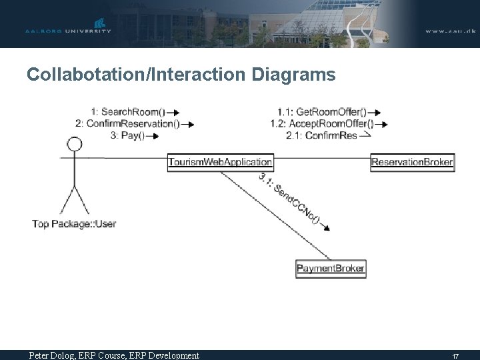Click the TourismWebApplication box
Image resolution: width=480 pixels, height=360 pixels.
click(x=220, y=161)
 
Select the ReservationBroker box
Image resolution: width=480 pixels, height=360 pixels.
click(x=412, y=161)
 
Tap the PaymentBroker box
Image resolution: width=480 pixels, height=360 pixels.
click(x=331, y=269)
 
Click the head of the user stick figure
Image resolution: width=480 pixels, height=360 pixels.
click(x=75, y=144)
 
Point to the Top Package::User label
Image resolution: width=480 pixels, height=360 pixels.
click(x=74, y=224)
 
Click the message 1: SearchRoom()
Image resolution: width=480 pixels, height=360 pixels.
click(x=129, y=112)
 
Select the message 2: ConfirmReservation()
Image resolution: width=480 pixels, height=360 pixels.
click(x=127, y=123)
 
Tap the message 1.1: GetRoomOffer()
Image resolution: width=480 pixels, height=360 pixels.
click(x=322, y=112)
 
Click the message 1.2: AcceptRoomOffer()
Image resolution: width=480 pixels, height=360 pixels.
click(x=321, y=123)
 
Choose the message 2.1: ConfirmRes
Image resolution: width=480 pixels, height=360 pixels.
click(x=321, y=135)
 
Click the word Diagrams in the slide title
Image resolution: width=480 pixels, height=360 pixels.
click(x=294, y=75)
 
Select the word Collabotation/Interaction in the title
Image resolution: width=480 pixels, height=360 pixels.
click(x=137, y=75)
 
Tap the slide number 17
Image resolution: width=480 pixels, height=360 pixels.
click(x=455, y=356)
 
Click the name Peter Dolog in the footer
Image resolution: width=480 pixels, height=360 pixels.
click(x=53, y=355)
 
